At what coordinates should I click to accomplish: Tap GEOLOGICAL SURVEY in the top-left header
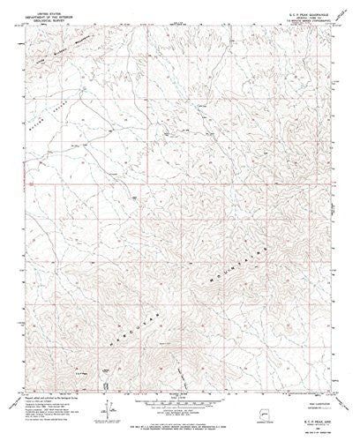(x=55, y=16)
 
